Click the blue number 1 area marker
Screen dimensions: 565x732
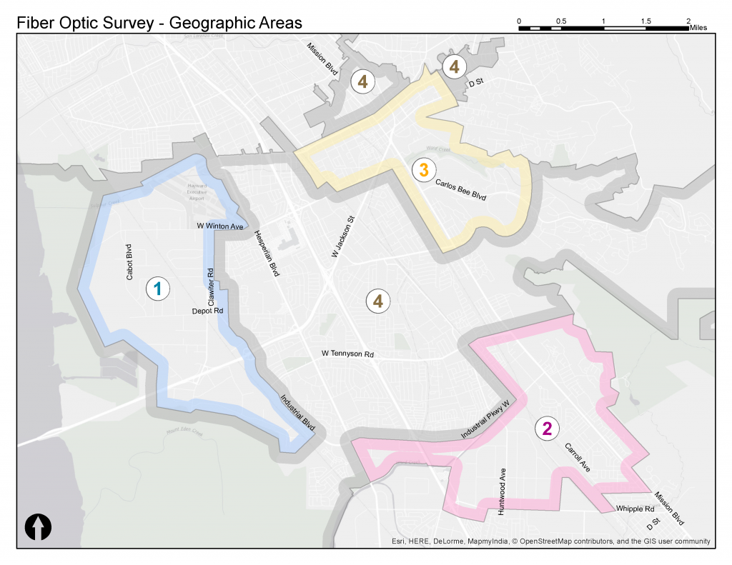tap(157, 289)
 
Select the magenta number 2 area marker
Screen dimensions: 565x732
tap(547, 429)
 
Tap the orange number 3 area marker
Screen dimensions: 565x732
tap(423, 170)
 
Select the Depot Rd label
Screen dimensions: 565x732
tap(208, 311)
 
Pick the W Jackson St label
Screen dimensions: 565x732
tap(343, 238)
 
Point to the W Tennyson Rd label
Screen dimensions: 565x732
tap(347, 354)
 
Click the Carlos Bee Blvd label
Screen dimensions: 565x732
tap(460, 189)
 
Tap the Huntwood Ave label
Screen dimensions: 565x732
tap(502, 492)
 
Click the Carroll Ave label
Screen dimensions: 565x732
tap(577, 458)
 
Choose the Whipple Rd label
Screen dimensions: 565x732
tap(634, 509)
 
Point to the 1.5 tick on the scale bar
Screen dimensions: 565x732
tap(646, 21)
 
